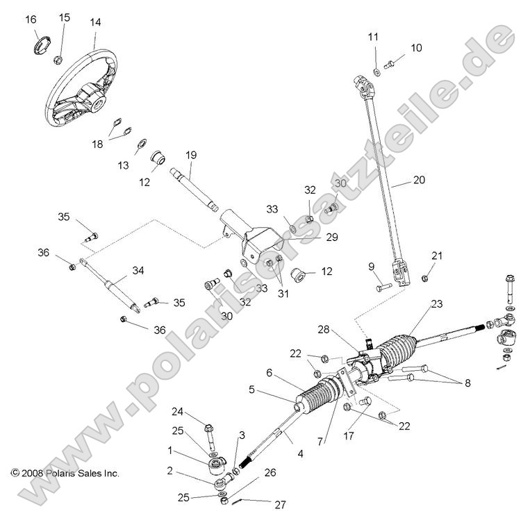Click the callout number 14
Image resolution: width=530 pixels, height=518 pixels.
pyautogui.click(x=95, y=22)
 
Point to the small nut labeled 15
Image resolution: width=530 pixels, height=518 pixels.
pyautogui.click(x=59, y=58)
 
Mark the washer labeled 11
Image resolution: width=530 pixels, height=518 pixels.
pyautogui.click(x=376, y=70)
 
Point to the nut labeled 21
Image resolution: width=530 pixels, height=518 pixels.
pyautogui.click(x=424, y=278)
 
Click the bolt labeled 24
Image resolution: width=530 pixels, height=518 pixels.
pyautogui.click(x=210, y=439)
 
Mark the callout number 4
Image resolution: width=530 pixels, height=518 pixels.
pyautogui.click(x=300, y=455)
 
